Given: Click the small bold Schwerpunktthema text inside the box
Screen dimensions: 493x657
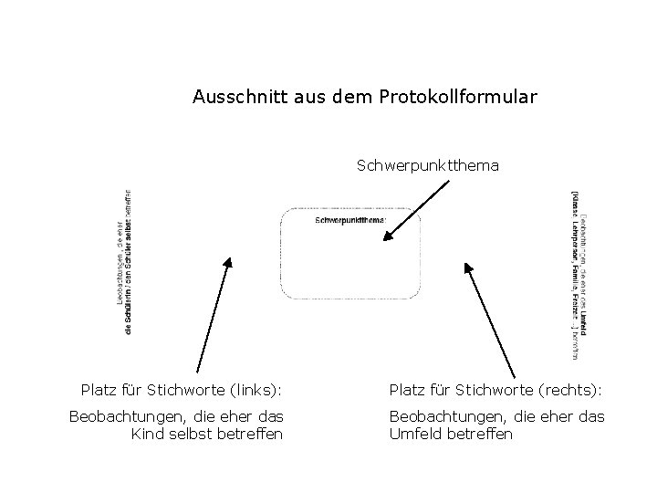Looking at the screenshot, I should coord(350,220).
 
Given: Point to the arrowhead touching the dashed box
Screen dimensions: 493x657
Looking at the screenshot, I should coord(388,237).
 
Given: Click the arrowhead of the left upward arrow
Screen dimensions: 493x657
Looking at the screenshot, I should coord(228,265).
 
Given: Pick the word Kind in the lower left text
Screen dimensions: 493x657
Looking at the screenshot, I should coord(148,433).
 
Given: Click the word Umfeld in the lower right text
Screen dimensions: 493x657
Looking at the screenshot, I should coord(415,433).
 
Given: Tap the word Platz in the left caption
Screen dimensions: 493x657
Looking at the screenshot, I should coord(99,391).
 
